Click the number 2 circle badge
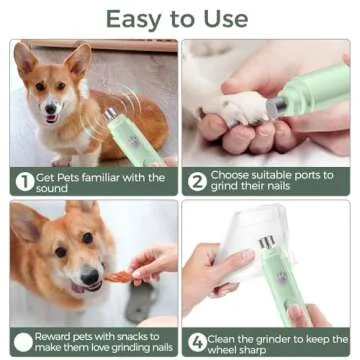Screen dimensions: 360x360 point(196,182)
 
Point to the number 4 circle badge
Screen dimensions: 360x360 point(196,341)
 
